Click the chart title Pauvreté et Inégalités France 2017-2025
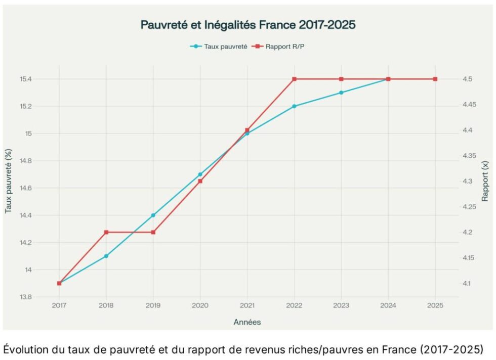248,24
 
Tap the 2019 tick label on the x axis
153,305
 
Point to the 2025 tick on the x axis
435,305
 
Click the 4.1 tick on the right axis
468,283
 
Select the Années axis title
247,322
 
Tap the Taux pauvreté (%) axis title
9,181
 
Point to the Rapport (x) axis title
486,181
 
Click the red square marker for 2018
106,232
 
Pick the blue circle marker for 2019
153,215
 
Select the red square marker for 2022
294,79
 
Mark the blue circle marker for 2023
341,93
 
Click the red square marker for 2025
435,79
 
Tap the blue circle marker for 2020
200,174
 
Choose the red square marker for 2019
153,232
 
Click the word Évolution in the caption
26,349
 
